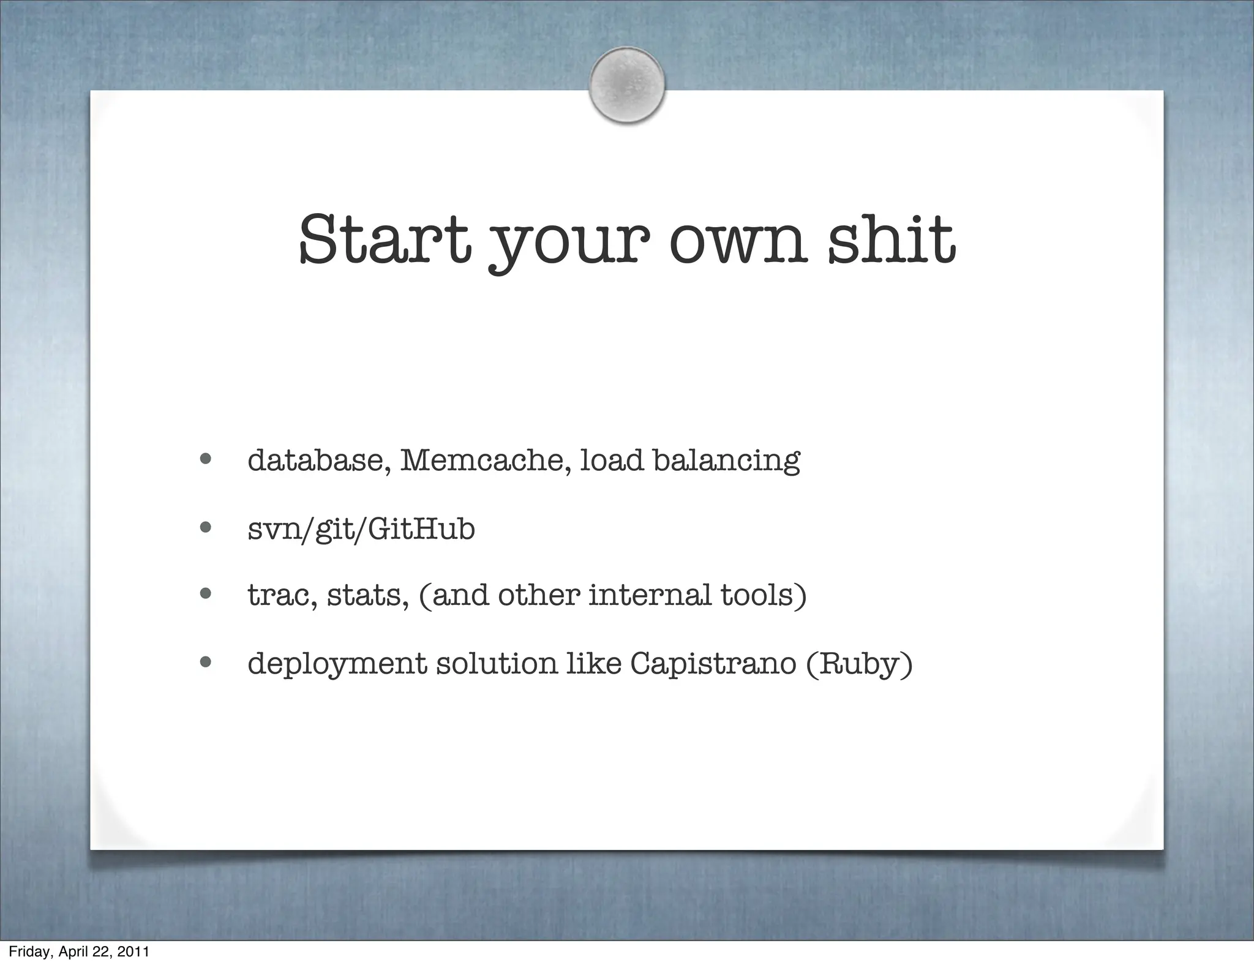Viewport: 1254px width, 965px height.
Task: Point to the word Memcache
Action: pyautogui.click(x=486, y=460)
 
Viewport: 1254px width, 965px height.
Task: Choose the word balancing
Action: pyautogui.click(x=726, y=461)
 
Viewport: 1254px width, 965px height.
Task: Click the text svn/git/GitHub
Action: pyautogui.click(x=361, y=529)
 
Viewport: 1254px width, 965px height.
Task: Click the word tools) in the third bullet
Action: pyautogui.click(x=763, y=595)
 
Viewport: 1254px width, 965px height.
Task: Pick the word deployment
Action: pyautogui.click(x=337, y=664)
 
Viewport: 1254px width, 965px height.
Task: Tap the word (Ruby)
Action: pyautogui.click(x=859, y=664)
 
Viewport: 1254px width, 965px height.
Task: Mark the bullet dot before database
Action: pyautogui.click(x=205, y=459)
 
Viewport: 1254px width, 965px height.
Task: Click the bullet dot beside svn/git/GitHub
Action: pyautogui.click(x=205, y=527)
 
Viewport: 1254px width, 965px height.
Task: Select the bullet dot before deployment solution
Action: pyautogui.click(x=205, y=661)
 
